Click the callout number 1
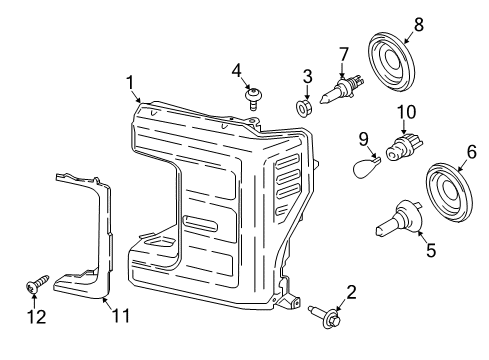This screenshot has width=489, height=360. click(x=129, y=83)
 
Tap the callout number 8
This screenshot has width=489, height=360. click(x=418, y=25)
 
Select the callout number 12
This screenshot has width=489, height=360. click(x=36, y=317)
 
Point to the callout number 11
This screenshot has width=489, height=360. click(x=120, y=315)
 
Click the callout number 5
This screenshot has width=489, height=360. click(x=431, y=250)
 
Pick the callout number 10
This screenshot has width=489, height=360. click(x=406, y=112)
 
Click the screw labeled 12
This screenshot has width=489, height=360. click(x=37, y=284)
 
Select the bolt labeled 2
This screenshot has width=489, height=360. click(x=325, y=315)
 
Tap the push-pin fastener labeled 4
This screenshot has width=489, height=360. click(x=254, y=99)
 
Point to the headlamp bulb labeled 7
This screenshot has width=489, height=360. click(x=342, y=88)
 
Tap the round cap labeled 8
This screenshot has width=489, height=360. click(x=392, y=62)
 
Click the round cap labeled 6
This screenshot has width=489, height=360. click(x=449, y=193)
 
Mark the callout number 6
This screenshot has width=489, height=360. click(x=472, y=152)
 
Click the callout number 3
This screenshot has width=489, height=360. click(x=307, y=76)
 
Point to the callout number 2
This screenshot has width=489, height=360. click(x=351, y=292)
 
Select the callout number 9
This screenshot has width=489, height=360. click(x=364, y=139)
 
